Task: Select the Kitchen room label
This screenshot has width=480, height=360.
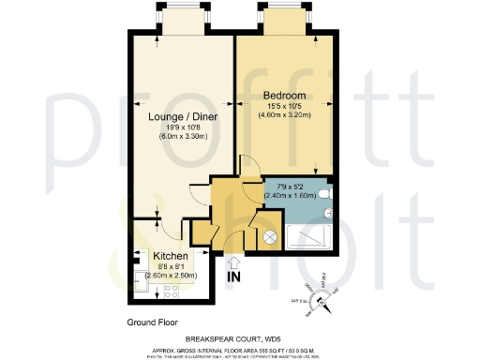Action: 172,255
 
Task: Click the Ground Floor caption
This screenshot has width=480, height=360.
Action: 153,321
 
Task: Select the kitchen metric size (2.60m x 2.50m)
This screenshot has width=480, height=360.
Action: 172,275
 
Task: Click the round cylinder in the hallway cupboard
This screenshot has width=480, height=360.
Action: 270,238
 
